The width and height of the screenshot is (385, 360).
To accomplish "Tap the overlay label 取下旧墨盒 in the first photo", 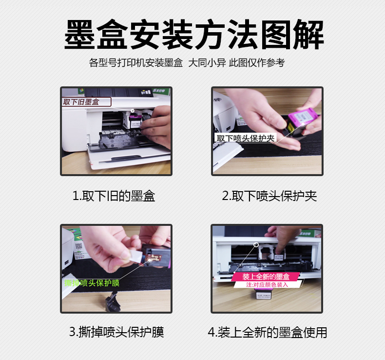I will [81, 102].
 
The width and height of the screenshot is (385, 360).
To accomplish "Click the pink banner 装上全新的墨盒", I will [266, 277].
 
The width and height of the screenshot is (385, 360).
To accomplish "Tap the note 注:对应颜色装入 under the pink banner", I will [267, 284].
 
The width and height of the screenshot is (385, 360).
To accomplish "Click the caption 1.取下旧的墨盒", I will [114, 196].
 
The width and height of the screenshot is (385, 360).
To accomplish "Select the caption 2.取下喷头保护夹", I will [269, 196].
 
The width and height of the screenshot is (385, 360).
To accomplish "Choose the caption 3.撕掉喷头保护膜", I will [116, 333].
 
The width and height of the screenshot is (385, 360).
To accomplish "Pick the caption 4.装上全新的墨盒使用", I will [268, 333].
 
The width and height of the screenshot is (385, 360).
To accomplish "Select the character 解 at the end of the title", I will [307, 35].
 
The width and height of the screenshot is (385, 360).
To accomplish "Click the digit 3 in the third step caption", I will [73, 333].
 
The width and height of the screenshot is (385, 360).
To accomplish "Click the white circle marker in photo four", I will [256, 242].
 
